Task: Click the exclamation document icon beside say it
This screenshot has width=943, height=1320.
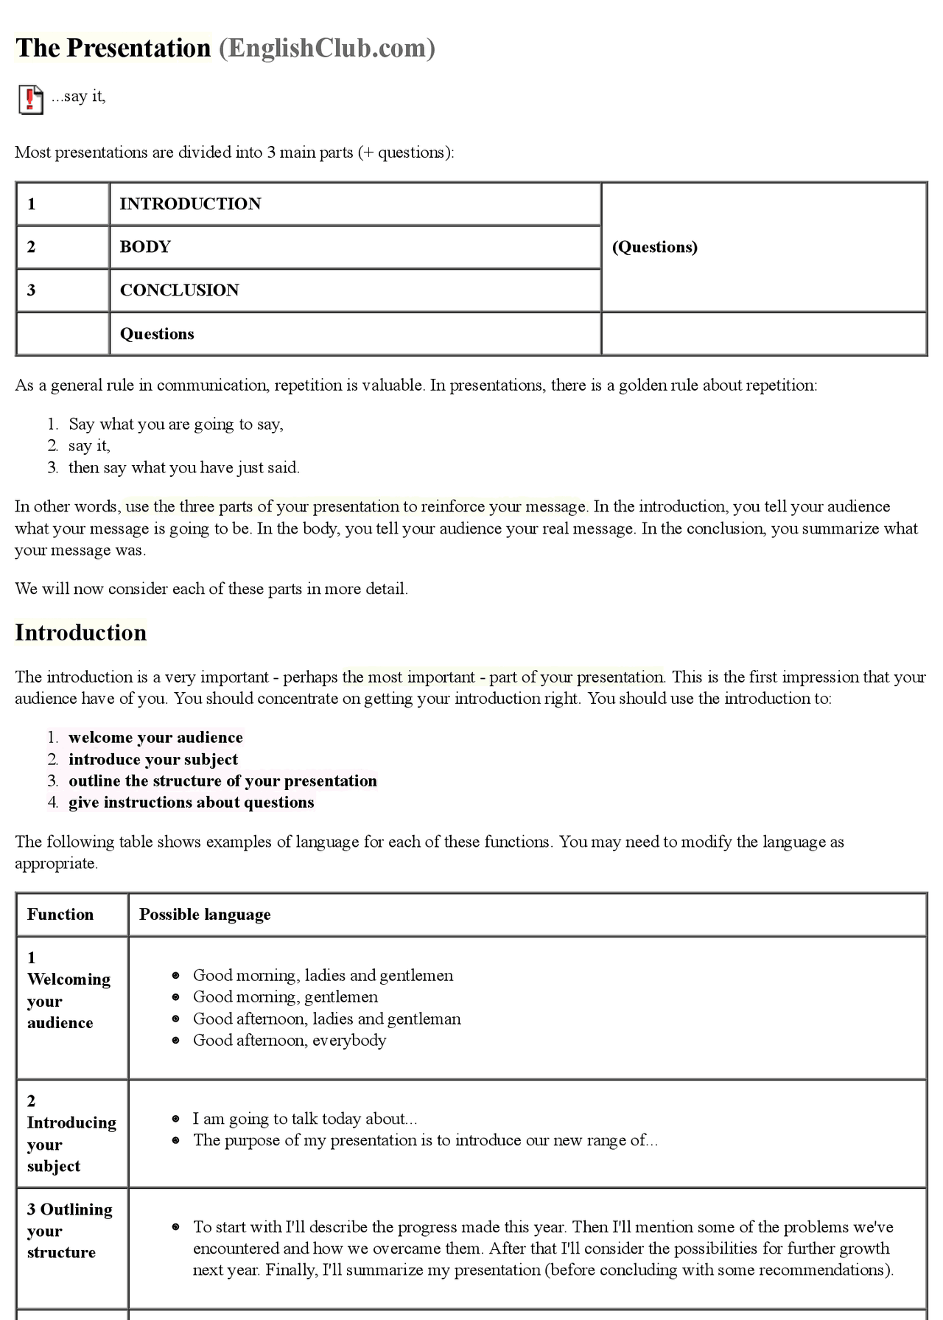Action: [30, 99]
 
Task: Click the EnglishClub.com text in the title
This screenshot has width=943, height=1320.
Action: [326, 48]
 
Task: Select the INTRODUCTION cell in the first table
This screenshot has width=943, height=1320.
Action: [190, 204]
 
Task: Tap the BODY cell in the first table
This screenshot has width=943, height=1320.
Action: [145, 247]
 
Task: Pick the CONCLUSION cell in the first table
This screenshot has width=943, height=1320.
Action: [179, 290]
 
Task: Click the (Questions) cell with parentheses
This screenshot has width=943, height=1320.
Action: [654, 247]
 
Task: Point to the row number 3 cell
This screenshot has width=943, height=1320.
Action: [32, 290]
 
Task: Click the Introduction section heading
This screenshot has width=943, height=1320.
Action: [81, 633]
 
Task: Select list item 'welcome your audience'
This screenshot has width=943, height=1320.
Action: [155, 738]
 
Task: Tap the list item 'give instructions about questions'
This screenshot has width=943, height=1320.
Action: [191, 803]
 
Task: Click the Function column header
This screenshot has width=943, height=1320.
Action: [60, 915]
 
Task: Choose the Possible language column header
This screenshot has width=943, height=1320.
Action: [205, 915]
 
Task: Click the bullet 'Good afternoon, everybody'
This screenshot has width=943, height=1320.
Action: [289, 1041]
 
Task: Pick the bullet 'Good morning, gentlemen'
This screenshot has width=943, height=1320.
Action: [285, 997]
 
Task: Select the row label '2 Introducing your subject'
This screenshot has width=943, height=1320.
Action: [71, 1134]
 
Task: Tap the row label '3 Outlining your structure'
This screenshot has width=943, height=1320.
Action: [69, 1231]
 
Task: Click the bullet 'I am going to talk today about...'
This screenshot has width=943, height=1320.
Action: [304, 1119]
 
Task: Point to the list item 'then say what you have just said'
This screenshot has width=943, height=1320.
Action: [183, 468]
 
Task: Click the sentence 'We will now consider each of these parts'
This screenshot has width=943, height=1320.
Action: [211, 589]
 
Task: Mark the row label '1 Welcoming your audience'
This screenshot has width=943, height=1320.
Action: [68, 991]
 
